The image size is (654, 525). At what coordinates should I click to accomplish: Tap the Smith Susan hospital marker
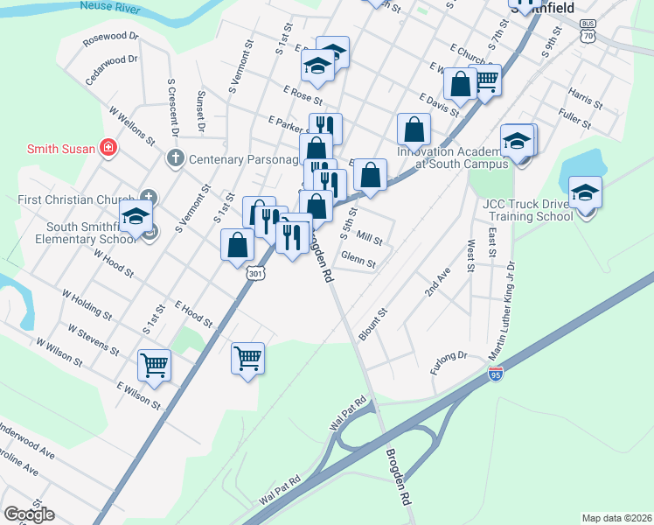[x=108, y=149]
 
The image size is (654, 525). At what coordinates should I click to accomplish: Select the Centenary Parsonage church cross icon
[x=175, y=158]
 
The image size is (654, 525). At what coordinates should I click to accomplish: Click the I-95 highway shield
[x=496, y=374]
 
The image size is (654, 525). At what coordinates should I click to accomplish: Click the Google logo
[x=29, y=514]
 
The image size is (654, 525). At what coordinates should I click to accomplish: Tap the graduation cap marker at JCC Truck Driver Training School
[x=584, y=192]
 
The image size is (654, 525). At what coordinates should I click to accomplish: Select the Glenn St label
[x=358, y=260]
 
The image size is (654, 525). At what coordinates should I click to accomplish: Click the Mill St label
[x=370, y=237]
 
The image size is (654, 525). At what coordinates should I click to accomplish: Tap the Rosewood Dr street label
[x=111, y=38]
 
